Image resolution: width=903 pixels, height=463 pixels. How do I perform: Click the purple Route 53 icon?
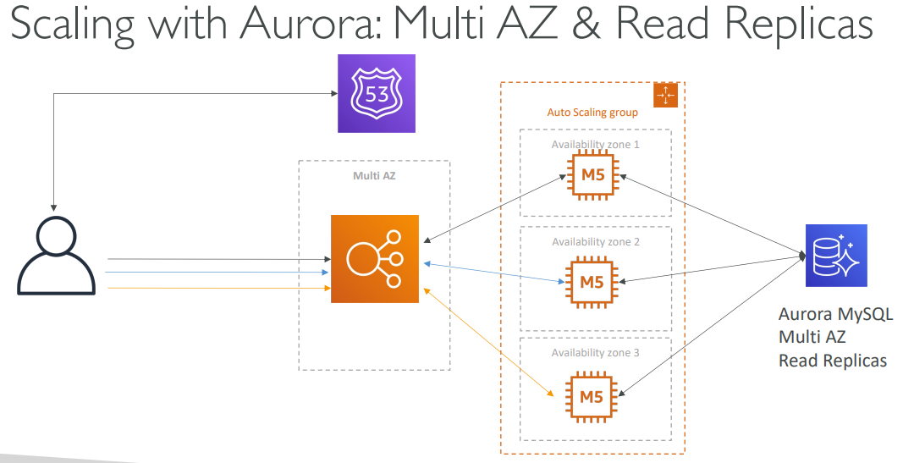(377, 93)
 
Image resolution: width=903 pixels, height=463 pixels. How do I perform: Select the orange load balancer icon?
(375, 259)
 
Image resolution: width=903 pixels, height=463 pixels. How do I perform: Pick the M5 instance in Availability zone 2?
(592, 282)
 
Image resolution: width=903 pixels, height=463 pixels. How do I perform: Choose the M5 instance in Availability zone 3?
(592, 395)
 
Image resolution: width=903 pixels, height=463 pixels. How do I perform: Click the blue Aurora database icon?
(836, 255)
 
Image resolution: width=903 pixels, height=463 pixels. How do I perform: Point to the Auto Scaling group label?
(592, 113)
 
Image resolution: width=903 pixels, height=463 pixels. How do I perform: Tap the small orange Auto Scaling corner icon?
(668, 96)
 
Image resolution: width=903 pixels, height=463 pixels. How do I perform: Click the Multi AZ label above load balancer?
(374, 175)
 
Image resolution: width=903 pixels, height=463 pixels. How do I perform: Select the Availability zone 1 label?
(595, 145)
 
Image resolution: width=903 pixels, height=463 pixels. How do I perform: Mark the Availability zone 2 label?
(595, 242)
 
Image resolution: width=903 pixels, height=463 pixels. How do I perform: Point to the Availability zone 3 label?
(595, 352)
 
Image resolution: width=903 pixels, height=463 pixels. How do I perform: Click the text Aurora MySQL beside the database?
(835, 315)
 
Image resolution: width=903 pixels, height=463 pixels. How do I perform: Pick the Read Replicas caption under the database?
(833, 361)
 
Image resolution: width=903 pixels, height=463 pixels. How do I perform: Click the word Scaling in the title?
(71, 25)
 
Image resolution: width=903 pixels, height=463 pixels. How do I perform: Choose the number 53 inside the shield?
(377, 93)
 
